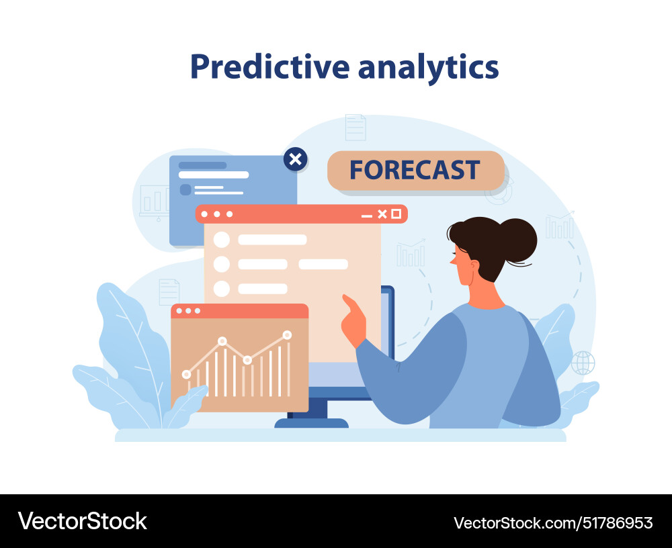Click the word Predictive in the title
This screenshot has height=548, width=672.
[269, 67]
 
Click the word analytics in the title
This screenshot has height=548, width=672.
[428, 67]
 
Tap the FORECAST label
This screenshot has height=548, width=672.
[415, 170]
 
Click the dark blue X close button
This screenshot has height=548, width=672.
[295, 159]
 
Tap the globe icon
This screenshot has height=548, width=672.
[583, 363]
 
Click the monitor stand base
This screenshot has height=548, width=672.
[312, 423]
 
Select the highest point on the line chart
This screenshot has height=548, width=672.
[287, 334]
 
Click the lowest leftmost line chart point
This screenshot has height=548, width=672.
[186, 374]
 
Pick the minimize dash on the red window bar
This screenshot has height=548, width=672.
[366, 215]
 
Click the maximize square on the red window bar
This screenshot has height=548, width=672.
[396, 214]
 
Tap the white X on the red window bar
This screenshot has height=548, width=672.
[382, 214]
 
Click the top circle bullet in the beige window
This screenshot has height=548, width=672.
[221, 240]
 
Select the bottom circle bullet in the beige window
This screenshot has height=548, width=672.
[221, 289]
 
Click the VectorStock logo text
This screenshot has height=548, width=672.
[82, 521]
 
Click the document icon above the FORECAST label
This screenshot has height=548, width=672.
[355, 127]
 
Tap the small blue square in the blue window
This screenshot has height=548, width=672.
[185, 189]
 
